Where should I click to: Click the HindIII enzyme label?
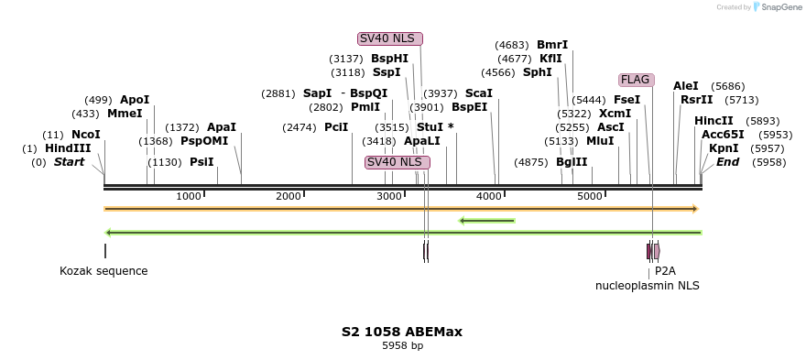pyautogui.click(x=68, y=148)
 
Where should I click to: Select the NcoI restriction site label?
pyautogui.click(x=85, y=135)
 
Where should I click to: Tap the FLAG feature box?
pyautogui.click(x=635, y=80)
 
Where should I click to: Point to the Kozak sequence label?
pyautogui.click(x=103, y=271)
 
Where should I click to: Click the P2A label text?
pyautogui.click(x=665, y=271)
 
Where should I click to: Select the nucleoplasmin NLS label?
pyautogui.click(x=647, y=286)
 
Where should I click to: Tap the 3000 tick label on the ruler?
pyautogui.click(x=390, y=196)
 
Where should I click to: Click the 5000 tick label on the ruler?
pyautogui.click(x=590, y=196)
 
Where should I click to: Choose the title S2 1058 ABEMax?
pyautogui.click(x=402, y=332)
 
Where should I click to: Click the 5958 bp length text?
pyautogui.click(x=402, y=346)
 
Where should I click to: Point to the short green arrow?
pyautogui.click(x=486, y=220)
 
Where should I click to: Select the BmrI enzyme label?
pyautogui.click(x=552, y=45)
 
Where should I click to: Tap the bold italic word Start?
pyautogui.click(x=69, y=162)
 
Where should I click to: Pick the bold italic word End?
pyautogui.click(x=727, y=162)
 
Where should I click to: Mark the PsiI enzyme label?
pyautogui.click(x=201, y=162)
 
